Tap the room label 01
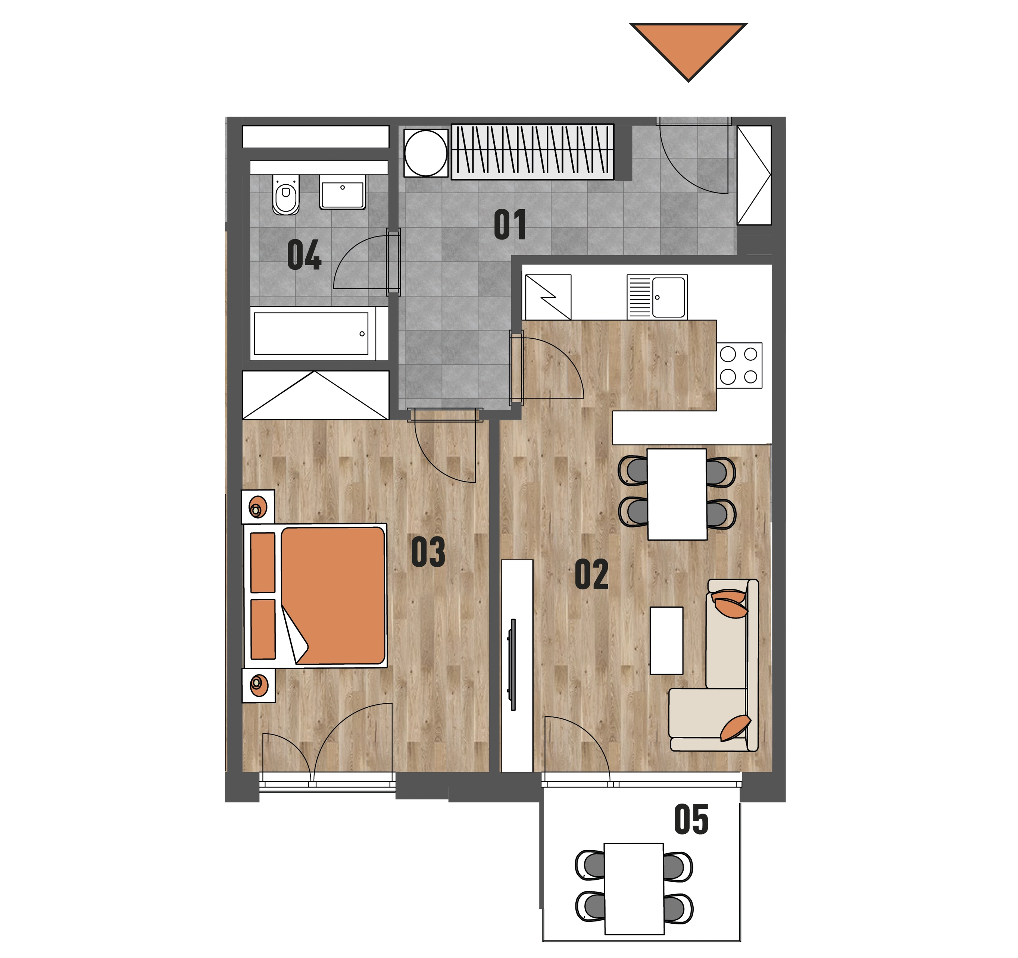point(510,225)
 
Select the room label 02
point(591,575)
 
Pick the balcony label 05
point(691,819)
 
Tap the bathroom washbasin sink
point(343,192)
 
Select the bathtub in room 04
point(312,334)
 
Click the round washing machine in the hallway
point(425,153)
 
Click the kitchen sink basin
point(668,297)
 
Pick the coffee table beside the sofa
point(666,641)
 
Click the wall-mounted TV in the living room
point(513,665)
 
